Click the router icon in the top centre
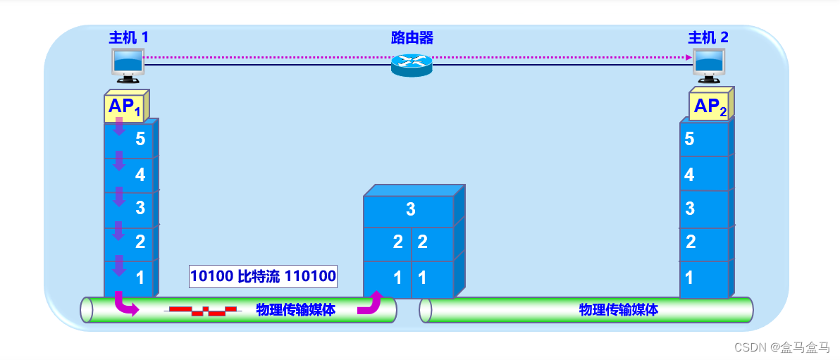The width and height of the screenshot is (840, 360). pos(412,65)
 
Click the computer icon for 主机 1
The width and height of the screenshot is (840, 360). pos(128,63)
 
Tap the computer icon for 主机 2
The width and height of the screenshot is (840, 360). pos(708,63)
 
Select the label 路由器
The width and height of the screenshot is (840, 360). pos(412,37)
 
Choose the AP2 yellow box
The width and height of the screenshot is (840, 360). pos(710,106)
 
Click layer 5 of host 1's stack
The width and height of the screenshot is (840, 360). pos(130,139)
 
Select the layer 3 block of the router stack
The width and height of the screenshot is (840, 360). pos(409,209)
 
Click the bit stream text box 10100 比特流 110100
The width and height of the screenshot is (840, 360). pos(263,276)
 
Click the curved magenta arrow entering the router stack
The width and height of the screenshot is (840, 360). pos(369,302)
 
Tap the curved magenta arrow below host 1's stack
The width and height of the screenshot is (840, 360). pos(126,304)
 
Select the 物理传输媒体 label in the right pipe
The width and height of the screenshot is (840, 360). pos(619,309)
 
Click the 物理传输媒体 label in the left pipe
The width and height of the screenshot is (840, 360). pos(296,310)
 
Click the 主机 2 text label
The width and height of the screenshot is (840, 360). pos(708,37)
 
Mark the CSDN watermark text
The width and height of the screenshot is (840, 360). pos(781,347)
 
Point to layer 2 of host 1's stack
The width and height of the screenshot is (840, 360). pos(130,242)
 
